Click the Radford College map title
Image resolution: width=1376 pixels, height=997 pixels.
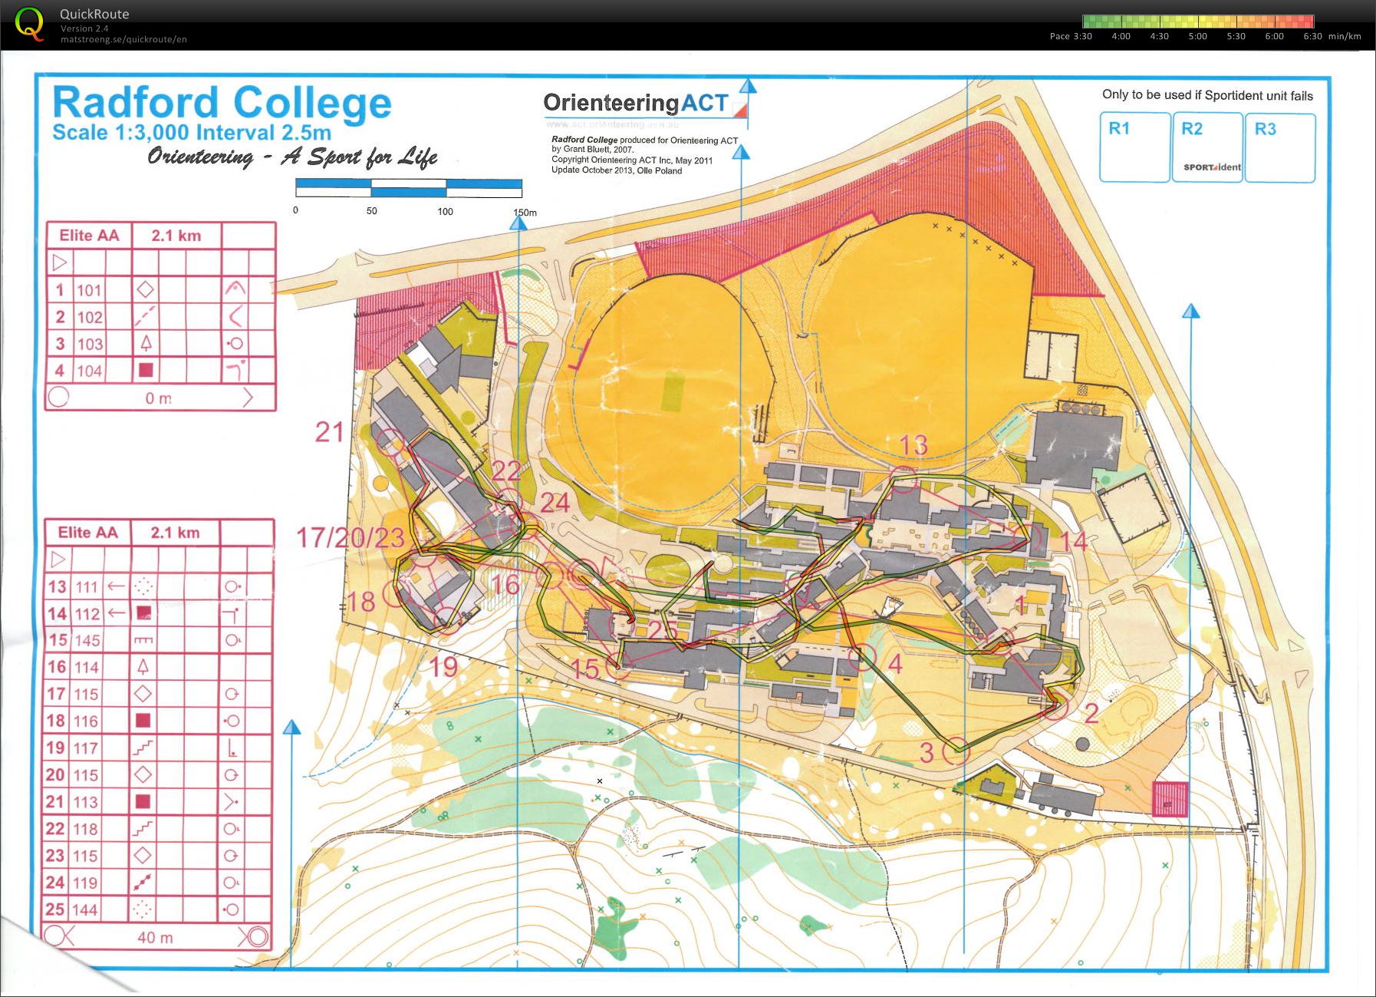tap(222, 103)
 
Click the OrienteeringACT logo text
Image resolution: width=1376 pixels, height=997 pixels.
tap(635, 103)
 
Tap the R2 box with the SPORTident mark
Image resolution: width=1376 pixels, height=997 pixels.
tap(1206, 147)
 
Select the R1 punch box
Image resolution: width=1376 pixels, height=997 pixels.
tap(1134, 147)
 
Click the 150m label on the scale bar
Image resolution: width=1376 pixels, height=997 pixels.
tap(525, 212)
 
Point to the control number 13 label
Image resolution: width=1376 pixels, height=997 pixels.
tap(913, 445)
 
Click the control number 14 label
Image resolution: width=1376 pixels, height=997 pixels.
tap(1074, 542)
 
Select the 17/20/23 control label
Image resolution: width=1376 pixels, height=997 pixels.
tap(350, 537)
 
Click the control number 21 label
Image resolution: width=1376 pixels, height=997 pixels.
tap(330, 432)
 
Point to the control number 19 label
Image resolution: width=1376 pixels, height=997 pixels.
tap(443, 667)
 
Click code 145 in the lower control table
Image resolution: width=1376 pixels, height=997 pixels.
tap(87, 640)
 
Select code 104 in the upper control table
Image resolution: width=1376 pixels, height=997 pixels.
tap(89, 371)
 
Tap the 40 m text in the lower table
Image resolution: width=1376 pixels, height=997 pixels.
tap(155, 937)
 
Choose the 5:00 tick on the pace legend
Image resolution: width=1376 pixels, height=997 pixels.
tap(1197, 36)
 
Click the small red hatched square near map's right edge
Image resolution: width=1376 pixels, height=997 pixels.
tap(1170, 799)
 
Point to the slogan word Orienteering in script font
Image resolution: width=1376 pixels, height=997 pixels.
tap(201, 157)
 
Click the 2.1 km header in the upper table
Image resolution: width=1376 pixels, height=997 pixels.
tap(176, 236)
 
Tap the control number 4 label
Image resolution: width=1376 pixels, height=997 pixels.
tap(894, 664)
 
